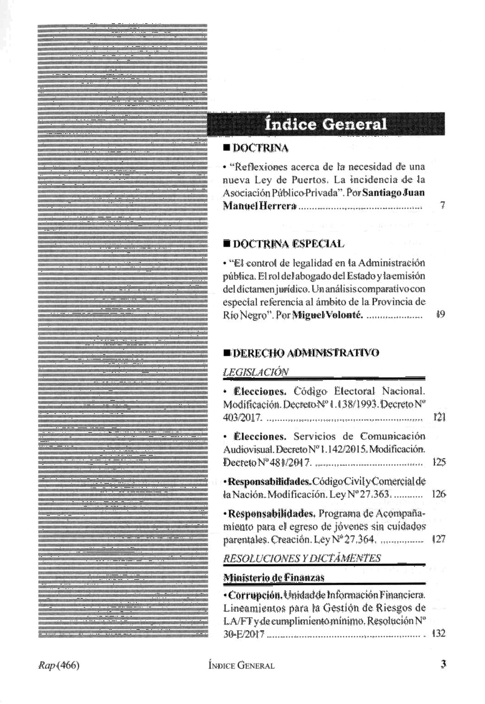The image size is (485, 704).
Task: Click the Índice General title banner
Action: (x=326, y=124)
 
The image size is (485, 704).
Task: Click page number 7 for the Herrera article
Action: (x=442, y=205)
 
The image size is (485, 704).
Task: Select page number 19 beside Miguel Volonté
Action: (x=441, y=314)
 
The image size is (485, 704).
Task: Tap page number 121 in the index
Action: (x=439, y=417)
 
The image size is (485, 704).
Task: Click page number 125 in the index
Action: (x=439, y=462)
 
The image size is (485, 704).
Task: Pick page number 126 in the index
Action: (x=439, y=494)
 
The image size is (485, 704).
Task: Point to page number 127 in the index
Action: (x=439, y=539)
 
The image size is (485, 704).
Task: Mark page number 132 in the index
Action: (x=439, y=634)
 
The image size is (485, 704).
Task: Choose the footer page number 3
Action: (x=443, y=664)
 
